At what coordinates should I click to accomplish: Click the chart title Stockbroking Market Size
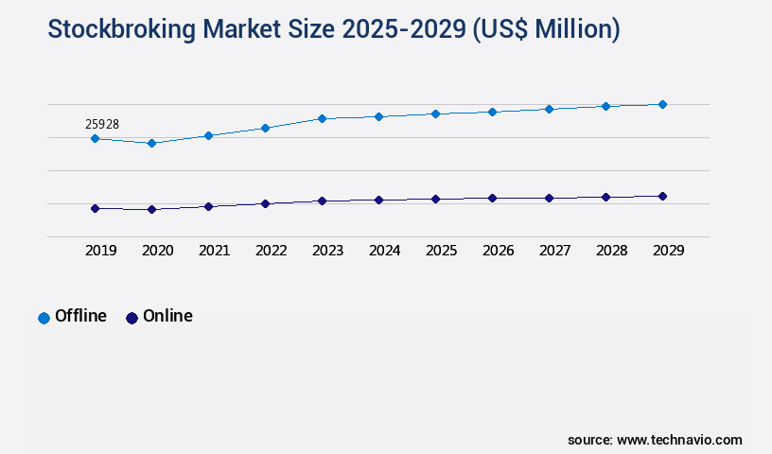click(x=333, y=30)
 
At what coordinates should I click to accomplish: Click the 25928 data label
click(x=101, y=124)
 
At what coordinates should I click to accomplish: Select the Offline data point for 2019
click(x=95, y=138)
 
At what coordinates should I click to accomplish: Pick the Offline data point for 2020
click(x=151, y=143)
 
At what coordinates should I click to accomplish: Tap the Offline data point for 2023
click(x=322, y=118)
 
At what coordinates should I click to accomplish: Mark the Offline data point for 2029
click(x=662, y=104)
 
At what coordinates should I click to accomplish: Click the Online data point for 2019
click(x=95, y=208)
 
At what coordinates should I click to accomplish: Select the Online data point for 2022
click(x=265, y=203)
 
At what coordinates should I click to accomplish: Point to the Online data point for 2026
click(x=492, y=198)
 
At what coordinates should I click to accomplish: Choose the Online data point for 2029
click(x=662, y=196)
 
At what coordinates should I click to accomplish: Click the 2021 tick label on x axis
click(x=214, y=251)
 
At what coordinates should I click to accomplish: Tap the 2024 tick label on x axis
click(x=384, y=251)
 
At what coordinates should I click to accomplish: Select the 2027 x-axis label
click(x=554, y=251)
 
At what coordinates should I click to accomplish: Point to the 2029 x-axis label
click(x=668, y=251)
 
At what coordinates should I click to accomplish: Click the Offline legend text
click(x=80, y=316)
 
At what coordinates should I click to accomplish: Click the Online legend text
click(x=167, y=316)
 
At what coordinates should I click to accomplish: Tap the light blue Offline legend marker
click(x=44, y=318)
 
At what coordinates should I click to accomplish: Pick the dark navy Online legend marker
click(x=132, y=318)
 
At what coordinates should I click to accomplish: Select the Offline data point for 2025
click(x=435, y=113)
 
